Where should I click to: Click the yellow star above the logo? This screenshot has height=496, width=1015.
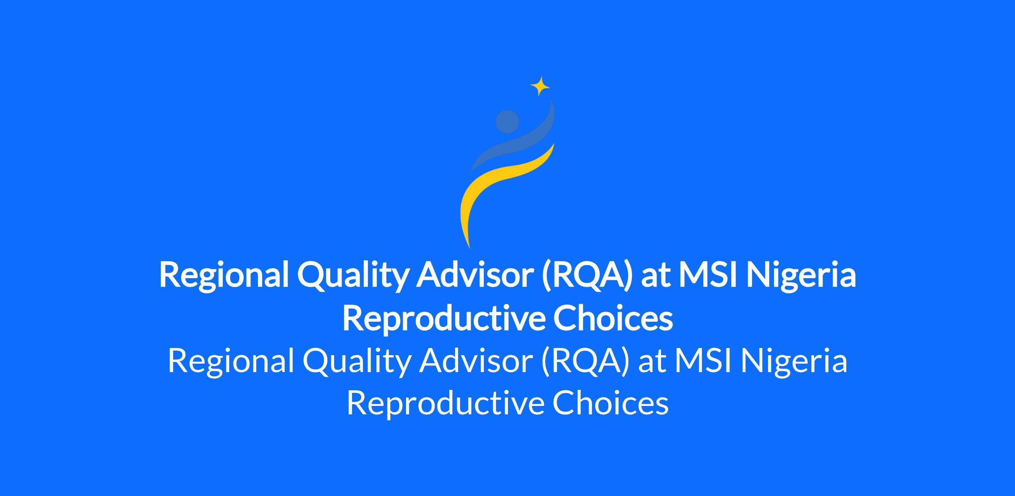pyautogui.click(x=540, y=87)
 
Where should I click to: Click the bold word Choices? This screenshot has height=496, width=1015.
pyautogui.click(x=613, y=319)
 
